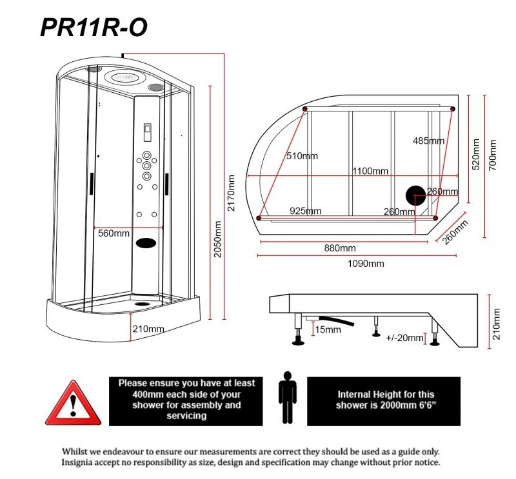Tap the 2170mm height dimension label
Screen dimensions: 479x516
(x=232, y=193)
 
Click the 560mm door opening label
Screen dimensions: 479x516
(x=114, y=233)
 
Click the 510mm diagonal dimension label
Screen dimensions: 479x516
(x=303, y=155)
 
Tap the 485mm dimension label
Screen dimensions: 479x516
(x=428, y=141)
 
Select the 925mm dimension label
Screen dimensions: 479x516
(x=305, y=211)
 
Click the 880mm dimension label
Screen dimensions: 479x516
(x=339, y=248)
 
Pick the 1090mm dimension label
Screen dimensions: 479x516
(x=366, y=263)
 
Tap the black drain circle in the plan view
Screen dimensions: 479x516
(x=415, y=195)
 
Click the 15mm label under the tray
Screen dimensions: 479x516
(x=328, y=329)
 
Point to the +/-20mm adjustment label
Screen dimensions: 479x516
(x=404, y=338)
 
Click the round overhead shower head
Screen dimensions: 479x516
(x=123, y=78)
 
